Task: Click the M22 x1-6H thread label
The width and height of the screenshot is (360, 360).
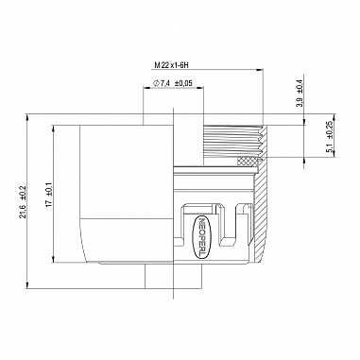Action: pos(171,65)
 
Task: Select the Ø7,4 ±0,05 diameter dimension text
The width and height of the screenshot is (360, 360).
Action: pos(173,83)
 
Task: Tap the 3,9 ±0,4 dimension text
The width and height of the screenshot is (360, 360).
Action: pos(300,91)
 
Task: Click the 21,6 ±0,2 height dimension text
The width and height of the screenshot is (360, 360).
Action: pos(23,201)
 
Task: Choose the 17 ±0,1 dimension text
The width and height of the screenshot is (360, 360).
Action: pos(49,195)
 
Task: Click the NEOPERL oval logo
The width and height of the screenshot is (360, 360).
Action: pos(201,237)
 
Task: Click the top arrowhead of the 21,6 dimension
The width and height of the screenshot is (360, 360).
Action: pos(27,117)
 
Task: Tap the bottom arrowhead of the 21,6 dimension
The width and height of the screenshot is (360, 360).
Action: pos(27,285)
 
